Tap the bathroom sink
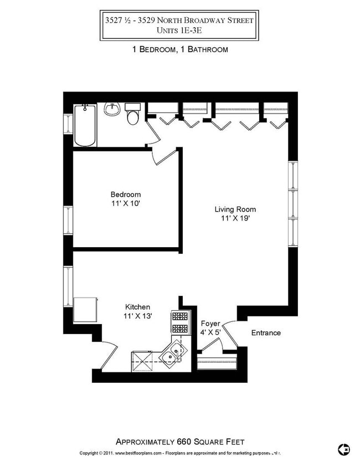click(x=112, y=109)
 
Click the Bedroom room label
click(x=126, y=194)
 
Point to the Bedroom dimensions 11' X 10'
click(x=126, y=203)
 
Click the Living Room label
click(x=235, y=209)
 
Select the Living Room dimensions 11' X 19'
click(x=235, y=218)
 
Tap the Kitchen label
click(x=137, y=307)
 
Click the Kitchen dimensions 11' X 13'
click(x=137, y=316)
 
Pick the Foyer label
click(x=210, y=324)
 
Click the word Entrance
click(x=266, y=333)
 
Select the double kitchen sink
click(x=174, y=354)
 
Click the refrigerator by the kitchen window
click(x=85, y=310)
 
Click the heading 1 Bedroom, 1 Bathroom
click(x=180, y=49)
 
